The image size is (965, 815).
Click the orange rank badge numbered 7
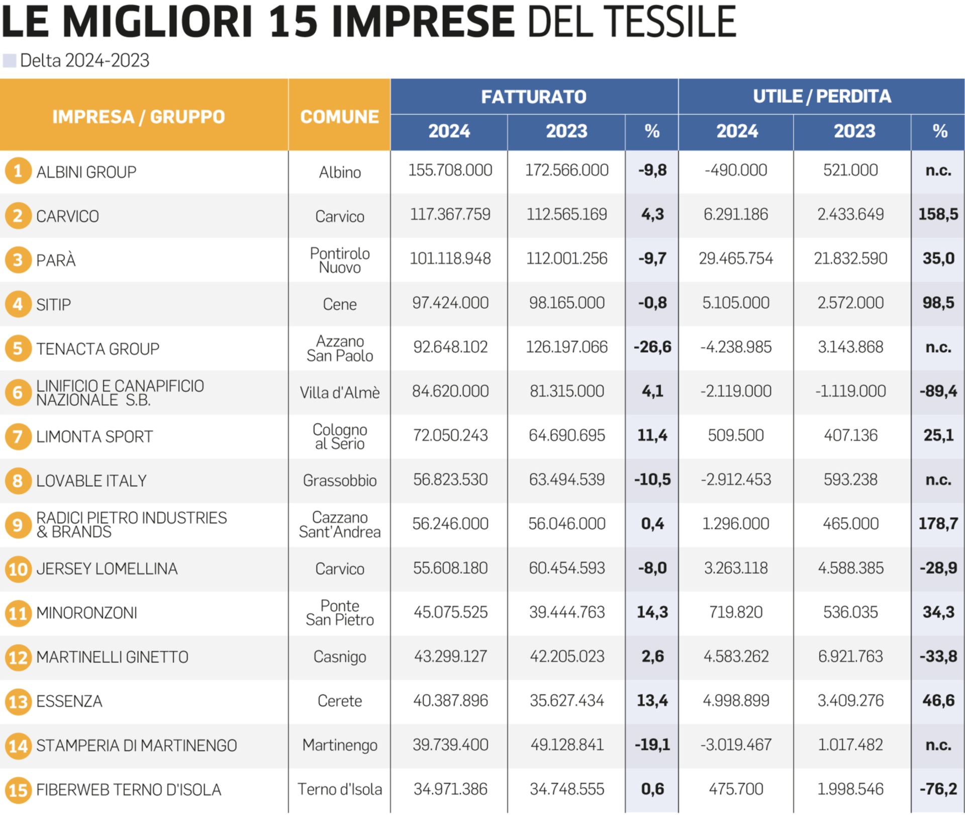[x=18, y=436]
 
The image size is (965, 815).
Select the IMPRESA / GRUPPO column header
[x=139, y=117]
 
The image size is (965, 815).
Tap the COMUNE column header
[x=339, y=117]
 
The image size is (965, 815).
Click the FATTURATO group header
[x=534, y=97]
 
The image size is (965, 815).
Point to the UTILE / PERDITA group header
[x=822, y=96]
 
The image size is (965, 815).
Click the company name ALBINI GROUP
[x=86, y=172]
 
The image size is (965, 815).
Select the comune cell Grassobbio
[x=340, y=481]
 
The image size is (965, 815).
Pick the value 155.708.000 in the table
[x=450, y=170]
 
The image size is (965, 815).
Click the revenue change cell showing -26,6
[x=652, y=347]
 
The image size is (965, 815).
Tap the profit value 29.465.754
[x=736, y=258]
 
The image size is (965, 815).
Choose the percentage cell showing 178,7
[x=938, y=524]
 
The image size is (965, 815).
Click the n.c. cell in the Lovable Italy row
[x=938, y=480]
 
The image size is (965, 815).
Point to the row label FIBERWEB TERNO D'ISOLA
[x=129, y=790]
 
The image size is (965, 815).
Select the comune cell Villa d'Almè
[x=340, y=392]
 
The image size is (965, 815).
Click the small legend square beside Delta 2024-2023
[x=10, y=61]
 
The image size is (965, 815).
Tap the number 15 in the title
[x=293, y=22]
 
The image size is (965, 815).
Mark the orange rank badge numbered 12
[x=18, y=657]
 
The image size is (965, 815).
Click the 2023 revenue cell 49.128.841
[x=567, y=745]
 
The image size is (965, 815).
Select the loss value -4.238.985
[x=736, y=347]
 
